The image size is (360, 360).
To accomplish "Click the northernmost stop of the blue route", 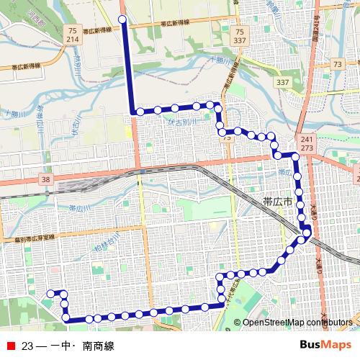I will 122,19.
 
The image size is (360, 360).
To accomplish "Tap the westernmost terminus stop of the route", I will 50,293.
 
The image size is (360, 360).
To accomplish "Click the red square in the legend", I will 9,346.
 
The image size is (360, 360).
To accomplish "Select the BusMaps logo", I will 325,346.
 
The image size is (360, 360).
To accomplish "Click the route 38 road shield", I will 46,179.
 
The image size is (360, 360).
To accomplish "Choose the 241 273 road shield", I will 307,143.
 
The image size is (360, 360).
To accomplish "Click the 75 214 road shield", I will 71,35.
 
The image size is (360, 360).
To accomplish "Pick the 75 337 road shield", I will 240,35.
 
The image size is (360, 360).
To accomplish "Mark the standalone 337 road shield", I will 282,83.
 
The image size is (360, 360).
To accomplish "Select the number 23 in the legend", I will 28,346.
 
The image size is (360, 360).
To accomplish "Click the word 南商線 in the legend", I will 98,346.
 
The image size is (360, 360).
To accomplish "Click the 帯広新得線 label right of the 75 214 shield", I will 101,32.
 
